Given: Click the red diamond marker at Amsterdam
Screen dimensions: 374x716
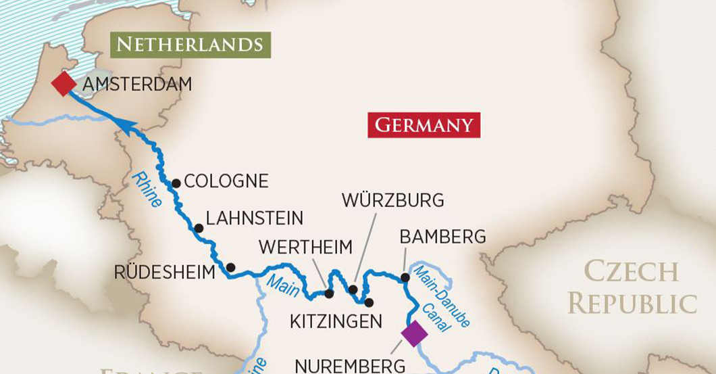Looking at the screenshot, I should click(x=64, y=85).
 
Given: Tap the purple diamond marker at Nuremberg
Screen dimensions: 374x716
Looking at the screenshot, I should click(x=413, y=333).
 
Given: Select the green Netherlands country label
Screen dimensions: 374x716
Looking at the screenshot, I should click(x=189, y=45).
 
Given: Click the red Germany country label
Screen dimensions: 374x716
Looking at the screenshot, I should click(x=424, y=125).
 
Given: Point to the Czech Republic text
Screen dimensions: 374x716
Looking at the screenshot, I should click(x=632, y=287).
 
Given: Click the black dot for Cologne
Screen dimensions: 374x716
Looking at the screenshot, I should click(x=176, y=183).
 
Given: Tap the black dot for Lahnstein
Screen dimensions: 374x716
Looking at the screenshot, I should click(x=199, y=228).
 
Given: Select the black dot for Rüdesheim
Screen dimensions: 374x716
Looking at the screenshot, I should click(x=230, y=268).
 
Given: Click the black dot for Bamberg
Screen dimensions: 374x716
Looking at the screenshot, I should click(x=405, y=277).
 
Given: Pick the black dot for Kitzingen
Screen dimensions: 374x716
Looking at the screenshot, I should click(x=369, y=302).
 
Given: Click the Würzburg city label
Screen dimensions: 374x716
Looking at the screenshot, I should click(x=392, y=201).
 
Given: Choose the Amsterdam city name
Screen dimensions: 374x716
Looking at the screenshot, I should click(x=135, y=85).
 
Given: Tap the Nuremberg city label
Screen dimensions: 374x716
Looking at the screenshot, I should click(x=350, y=366).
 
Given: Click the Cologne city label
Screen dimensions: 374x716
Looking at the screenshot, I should click(x=226, y=181).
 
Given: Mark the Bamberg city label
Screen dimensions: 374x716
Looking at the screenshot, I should click(x=442, y=237).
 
